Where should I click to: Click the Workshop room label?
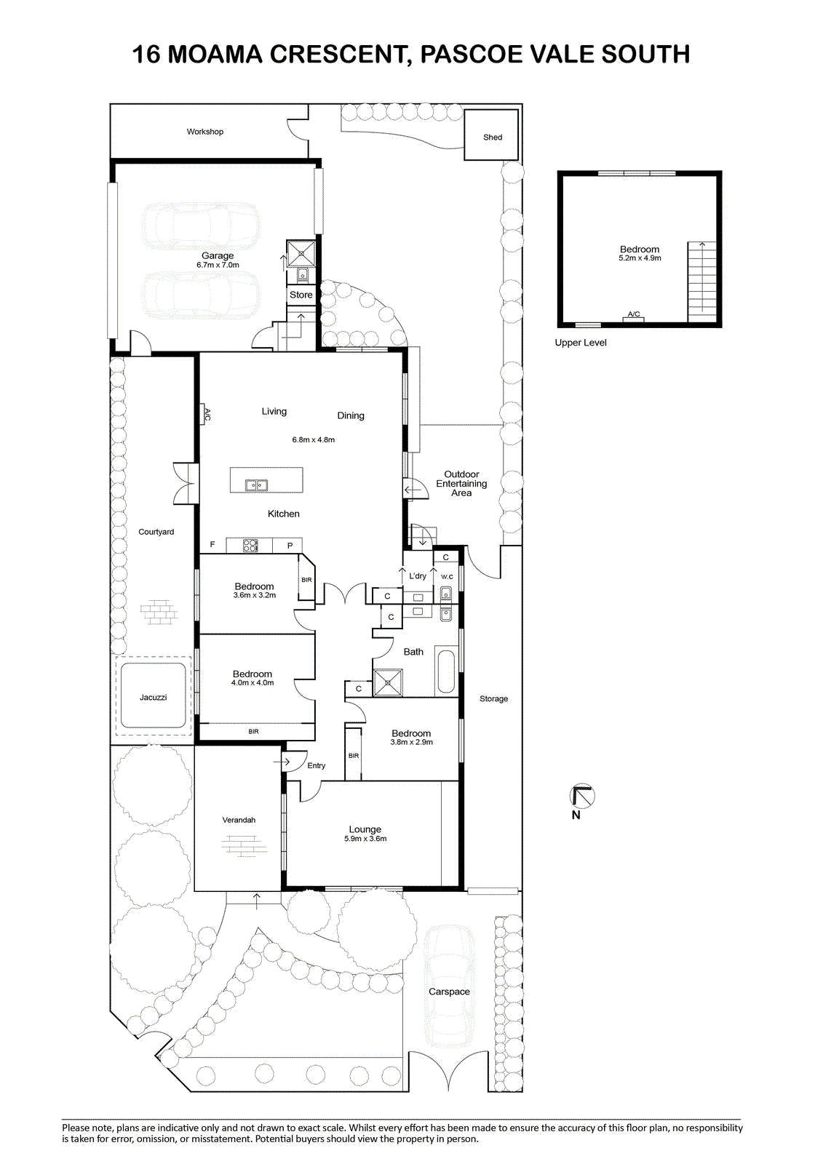point(204,132)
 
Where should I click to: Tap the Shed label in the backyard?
point(493,137)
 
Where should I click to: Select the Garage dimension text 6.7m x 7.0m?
point(218,265)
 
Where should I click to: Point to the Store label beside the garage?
point(301,295)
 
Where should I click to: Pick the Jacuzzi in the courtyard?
point(153,697)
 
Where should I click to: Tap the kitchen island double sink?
point(256,485)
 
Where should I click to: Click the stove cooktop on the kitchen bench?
point(250,546)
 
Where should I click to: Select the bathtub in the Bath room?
point(445,671)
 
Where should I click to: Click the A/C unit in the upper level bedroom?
point(633,316)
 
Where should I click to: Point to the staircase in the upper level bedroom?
point(702,282)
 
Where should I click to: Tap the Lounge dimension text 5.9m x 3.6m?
point(365,839)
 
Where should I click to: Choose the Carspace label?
point(449,992)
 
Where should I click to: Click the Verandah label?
point(239,820)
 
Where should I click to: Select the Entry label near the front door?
point(316,765)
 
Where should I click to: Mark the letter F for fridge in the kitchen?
point(212,545)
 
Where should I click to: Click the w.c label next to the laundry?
point(447,576)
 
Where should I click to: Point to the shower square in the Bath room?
point(388,682)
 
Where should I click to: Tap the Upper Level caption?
point(580,343)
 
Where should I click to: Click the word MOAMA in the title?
point(215,54)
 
